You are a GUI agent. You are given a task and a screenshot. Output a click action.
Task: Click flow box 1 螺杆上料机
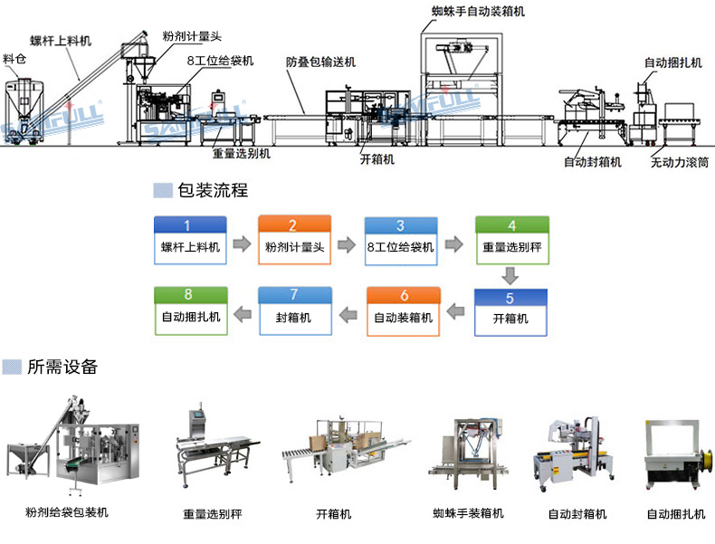point(190,241)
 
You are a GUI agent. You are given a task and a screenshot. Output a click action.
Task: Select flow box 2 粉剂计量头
point(295,241)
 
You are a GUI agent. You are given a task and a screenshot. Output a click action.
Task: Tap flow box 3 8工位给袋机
point(401,241)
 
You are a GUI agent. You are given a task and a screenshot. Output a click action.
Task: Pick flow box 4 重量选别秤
point(512,241)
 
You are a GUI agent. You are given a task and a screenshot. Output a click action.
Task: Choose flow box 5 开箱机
point(510,312)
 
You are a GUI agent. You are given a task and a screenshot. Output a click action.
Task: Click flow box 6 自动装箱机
point(404,312)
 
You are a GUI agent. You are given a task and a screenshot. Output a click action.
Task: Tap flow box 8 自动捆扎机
point(190,312)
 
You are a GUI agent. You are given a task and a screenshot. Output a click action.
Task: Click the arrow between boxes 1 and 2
point(242,243)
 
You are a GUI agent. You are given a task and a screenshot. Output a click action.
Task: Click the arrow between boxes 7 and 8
point(242,314)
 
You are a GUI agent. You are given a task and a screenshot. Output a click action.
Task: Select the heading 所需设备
point(62,367)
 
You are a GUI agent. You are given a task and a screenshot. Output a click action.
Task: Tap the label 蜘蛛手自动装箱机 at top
point(478,12)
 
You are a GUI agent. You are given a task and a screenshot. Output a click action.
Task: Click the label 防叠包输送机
point(320,62)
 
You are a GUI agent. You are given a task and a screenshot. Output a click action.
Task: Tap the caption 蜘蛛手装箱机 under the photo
point(468,513)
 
